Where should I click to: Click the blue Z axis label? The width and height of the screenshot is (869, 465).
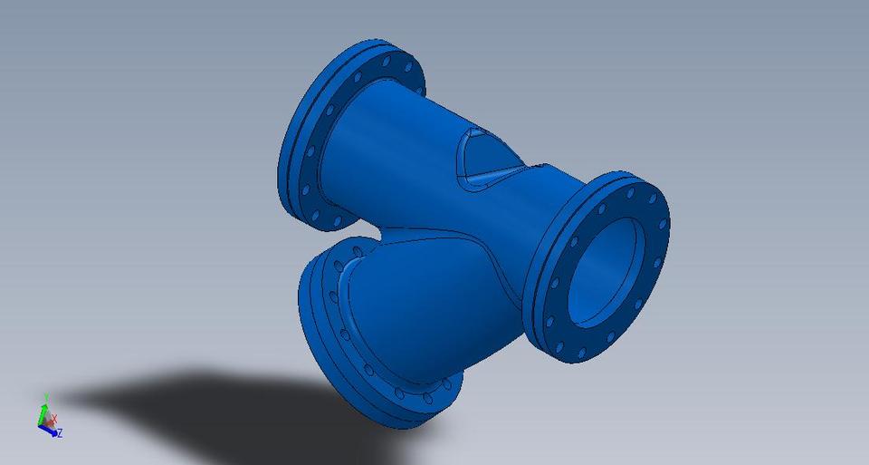coord(60,434)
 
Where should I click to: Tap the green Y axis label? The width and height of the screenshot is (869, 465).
coord(45,397)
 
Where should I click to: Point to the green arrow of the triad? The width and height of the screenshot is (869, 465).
coord(43,410)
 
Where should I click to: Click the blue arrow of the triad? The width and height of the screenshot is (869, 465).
coord(51,431)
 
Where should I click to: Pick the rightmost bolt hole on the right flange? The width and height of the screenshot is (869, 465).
coord(663,224)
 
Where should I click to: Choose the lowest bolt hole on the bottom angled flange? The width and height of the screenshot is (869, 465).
coord(426,399)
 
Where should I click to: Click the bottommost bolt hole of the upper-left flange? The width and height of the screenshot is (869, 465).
coord(337,220)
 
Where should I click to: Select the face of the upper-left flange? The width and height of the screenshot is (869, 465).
coord(308,145)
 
